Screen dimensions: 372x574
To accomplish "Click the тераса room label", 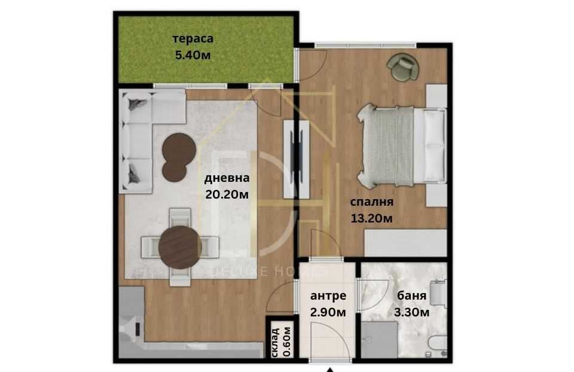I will point(193,39).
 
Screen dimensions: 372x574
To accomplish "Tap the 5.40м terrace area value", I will point(193,56).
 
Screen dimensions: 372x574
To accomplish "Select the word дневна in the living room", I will point(227,178).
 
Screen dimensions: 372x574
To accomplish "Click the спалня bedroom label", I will point(371,202).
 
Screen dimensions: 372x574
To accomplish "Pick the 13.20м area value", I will point(371,218).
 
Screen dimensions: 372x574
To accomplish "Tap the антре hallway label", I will point(329,295).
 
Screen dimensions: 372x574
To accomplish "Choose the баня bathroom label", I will point(413,295).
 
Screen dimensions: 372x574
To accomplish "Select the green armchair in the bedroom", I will point(402,66).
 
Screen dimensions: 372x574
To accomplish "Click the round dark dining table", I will point(179,248).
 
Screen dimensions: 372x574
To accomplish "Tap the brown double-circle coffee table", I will point(178,155).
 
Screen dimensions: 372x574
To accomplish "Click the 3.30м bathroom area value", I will point(413,312).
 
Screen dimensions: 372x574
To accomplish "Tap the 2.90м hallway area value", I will point(329,312).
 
